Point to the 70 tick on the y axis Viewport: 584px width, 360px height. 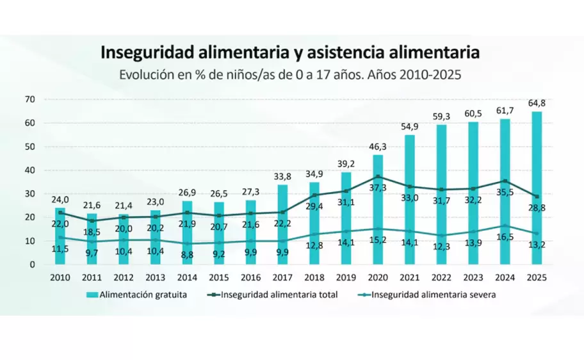pyautogui.click(x=29, y=99)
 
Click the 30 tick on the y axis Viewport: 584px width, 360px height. pyautogui.click(x=29, y=193)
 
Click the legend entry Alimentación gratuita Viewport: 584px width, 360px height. pyautogui.click(x=140, y=295)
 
